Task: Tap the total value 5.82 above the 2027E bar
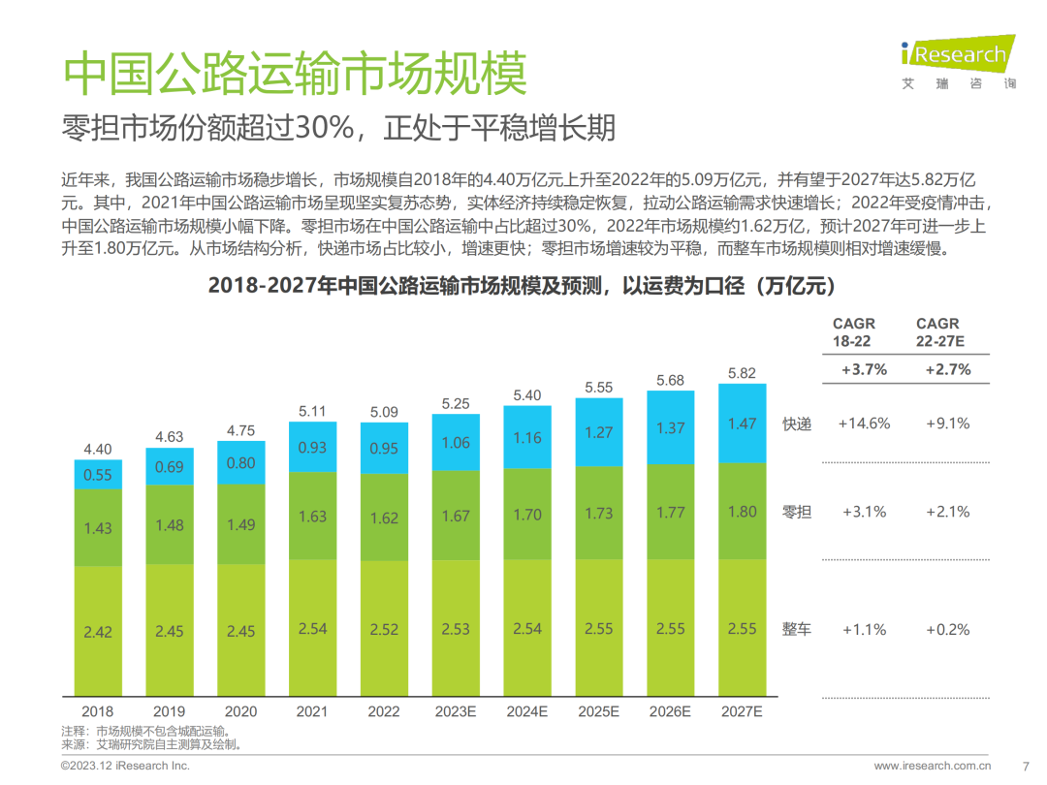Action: [742, 373]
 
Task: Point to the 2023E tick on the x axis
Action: [456, 710]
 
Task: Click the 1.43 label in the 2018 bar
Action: [98, 528]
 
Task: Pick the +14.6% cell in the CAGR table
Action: [865, 424]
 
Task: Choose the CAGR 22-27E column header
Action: [937, 332]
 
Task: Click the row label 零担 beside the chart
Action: [797, 512]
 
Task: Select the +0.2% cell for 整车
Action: [947, 629]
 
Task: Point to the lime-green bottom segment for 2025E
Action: [599, 628]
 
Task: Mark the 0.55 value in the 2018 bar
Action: [98, 475]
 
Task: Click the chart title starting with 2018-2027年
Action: [522, 287]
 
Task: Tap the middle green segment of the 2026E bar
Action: [671, 512]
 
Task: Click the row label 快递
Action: [797, 424]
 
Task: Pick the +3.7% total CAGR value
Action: [865, 369]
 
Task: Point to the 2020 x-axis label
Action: [240, 710]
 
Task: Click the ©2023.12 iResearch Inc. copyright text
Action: [125, 766]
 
